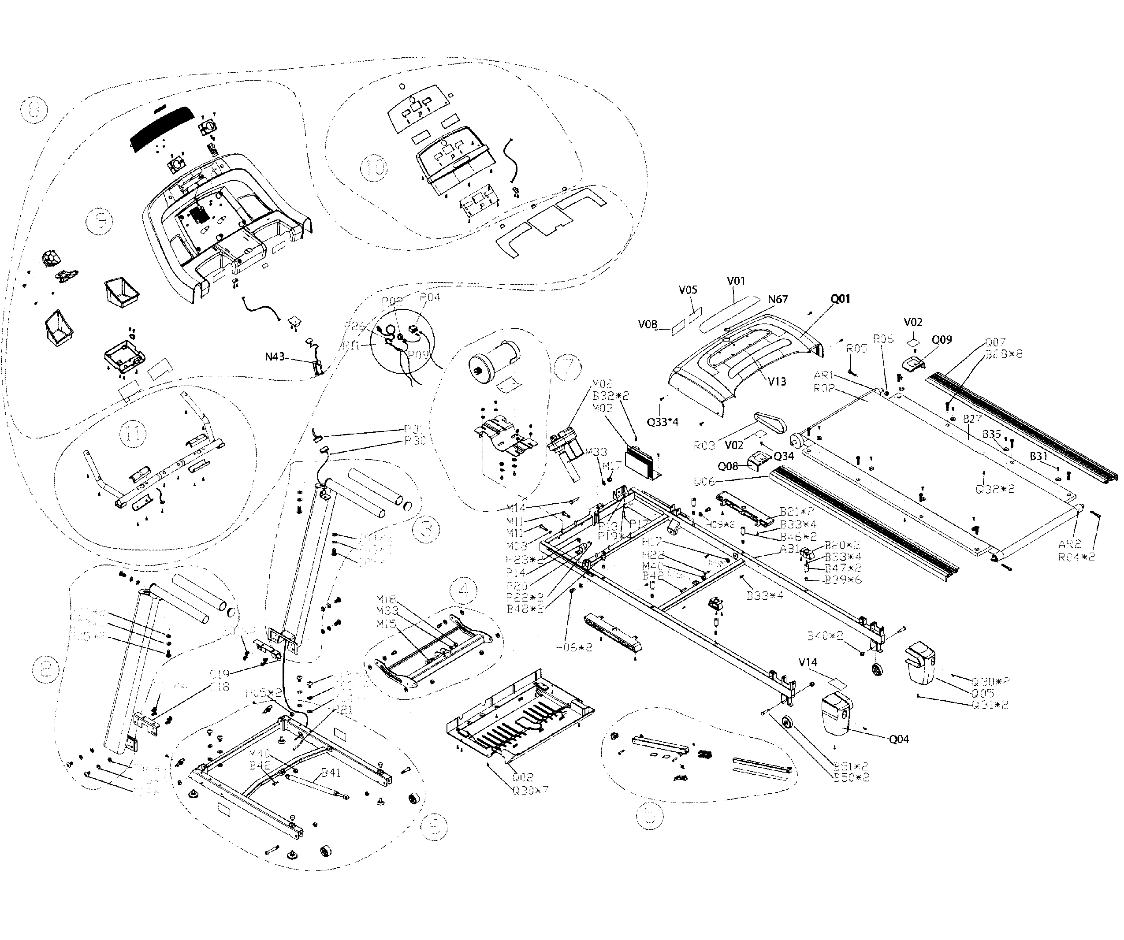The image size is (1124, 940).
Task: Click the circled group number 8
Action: click(x=33, y=111)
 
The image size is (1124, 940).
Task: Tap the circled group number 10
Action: click(x=374, y=167)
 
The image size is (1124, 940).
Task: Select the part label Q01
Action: click(x=840, y=299)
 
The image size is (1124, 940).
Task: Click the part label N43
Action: click(x=275, y=357)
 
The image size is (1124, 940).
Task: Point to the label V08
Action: click(x=648, y=324)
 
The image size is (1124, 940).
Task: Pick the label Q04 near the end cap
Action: click(x=899, y=739)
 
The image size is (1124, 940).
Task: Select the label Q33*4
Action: click(x=662, y=422)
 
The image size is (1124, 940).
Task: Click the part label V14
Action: click(x=808, y=662)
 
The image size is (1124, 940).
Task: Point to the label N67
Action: click(x=778, y=300)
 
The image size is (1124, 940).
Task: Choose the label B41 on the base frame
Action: click(x=331, y=773)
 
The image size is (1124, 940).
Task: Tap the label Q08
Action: click(x=728, y=467)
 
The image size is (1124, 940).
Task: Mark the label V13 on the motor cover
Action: click(x=777, y=382)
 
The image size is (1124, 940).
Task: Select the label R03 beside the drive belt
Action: click(x=704, y=446)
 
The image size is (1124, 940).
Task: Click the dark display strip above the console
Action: click(x=162, y=127)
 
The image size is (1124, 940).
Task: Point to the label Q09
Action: click(x=942, y=340)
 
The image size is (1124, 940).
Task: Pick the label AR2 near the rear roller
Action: click(x=1069, y=544)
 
